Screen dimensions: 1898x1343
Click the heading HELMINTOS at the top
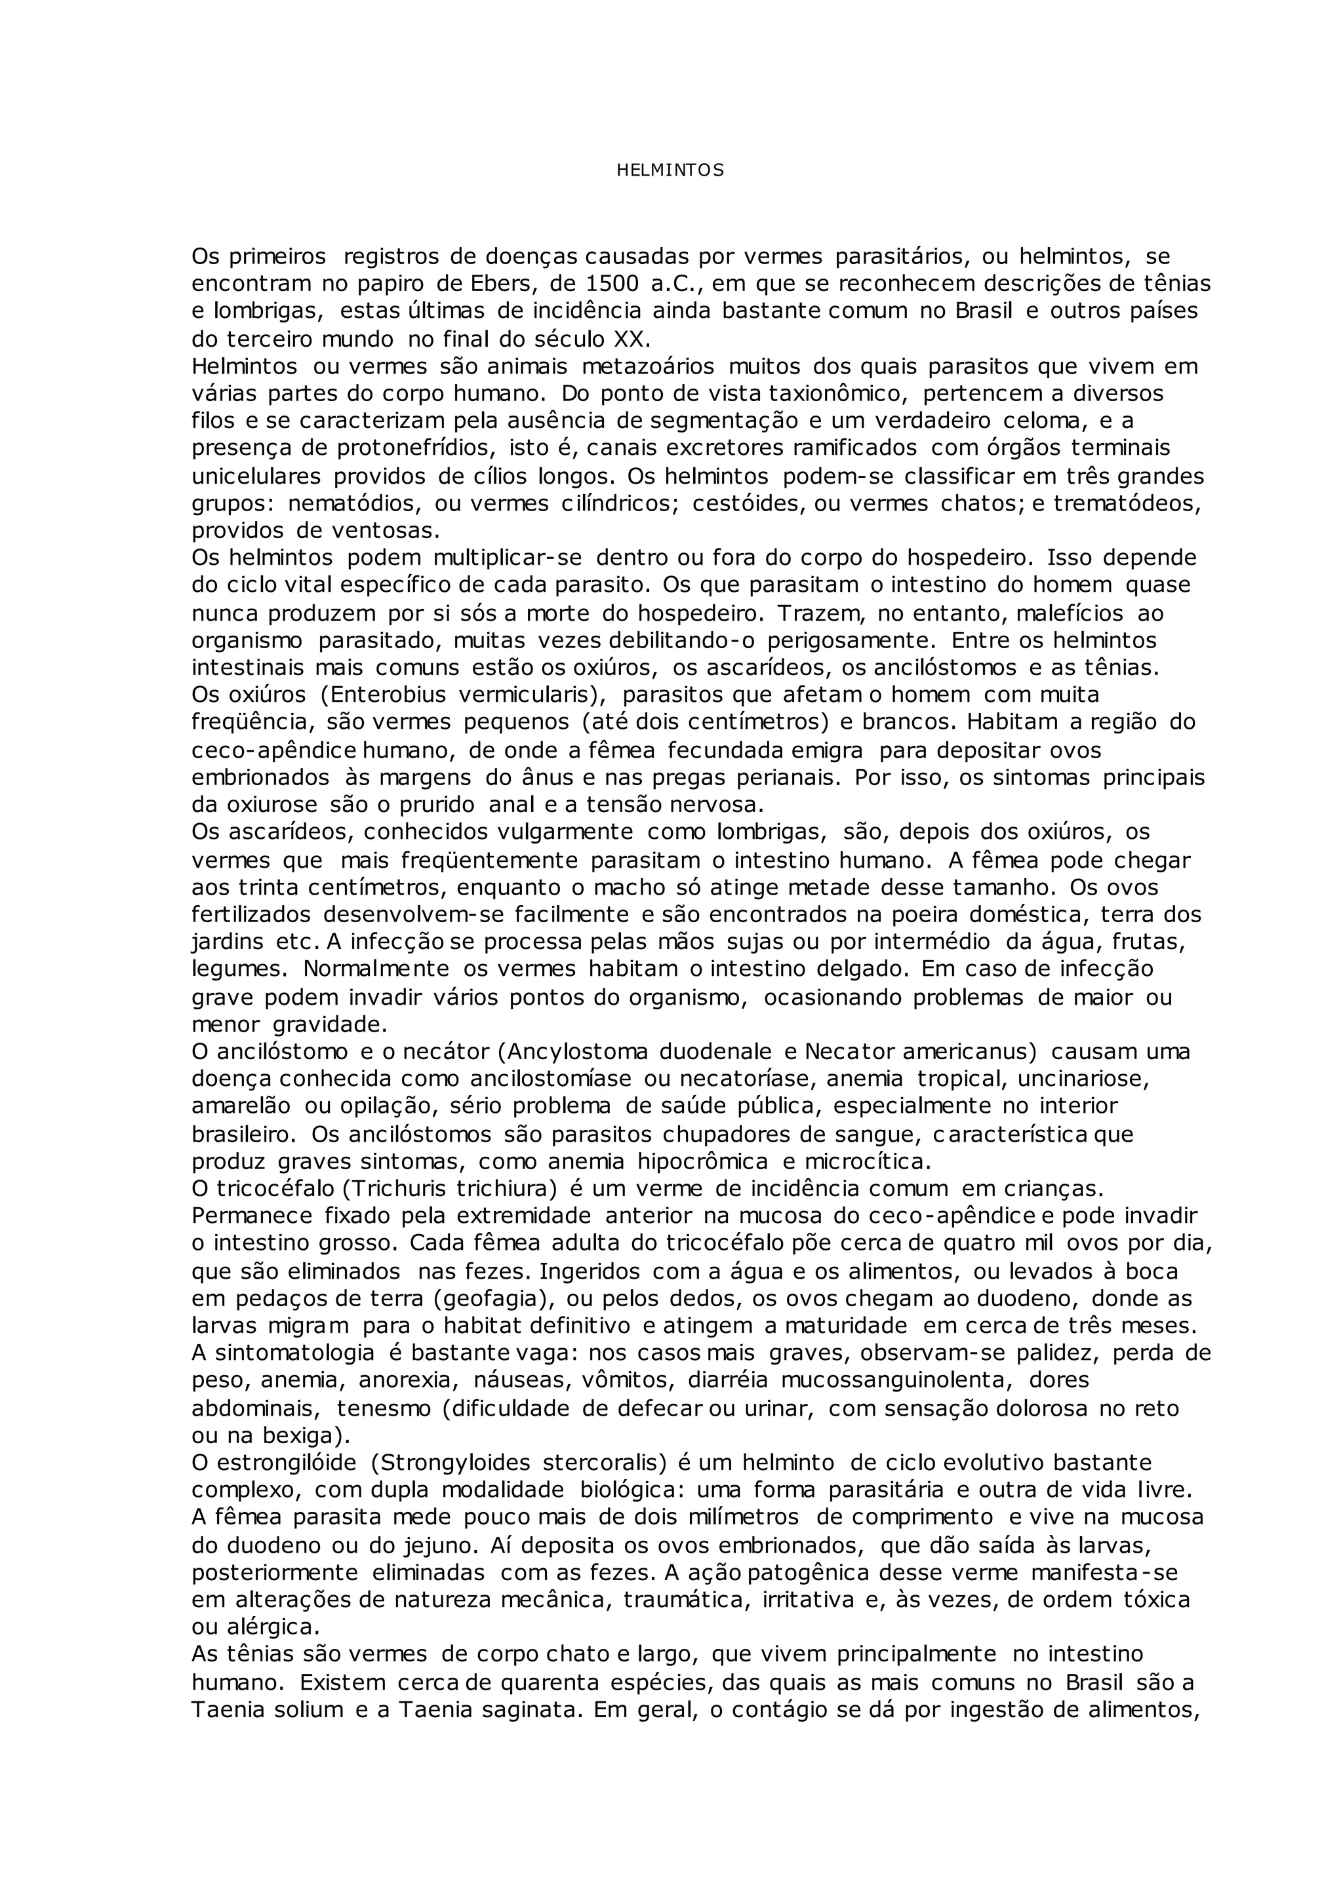(x=670, y=171)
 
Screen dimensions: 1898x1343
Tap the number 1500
(x=612, y=284)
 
